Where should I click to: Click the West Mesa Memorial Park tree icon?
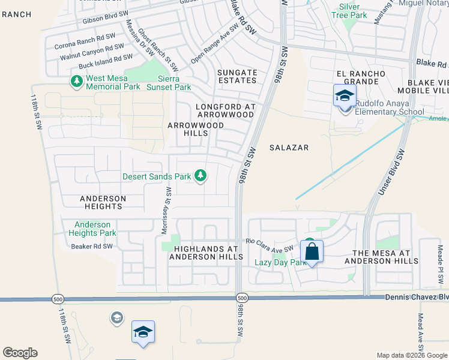pyautogui.click(x=76, y=81)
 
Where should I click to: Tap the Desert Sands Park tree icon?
pyautogui.click(x=201, y=176)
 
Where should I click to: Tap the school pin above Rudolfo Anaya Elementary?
pyautogui.click(x=345, y=95)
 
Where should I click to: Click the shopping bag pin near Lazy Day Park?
pyautogui.click(x=312, y=252)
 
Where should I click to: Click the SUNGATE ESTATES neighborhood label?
pyautogui.click(x=237, y=76)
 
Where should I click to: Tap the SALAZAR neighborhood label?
pyautogui.click(x=289, y=148)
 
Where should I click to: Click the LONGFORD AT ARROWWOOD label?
pyautogui.click(x=226, y=110)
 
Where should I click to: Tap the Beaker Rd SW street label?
pyautogui.click(x=92, y=247)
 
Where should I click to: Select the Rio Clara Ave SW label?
pyautogui.click(x=268, y=245)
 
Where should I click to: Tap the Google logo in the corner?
pyautogui.click(x=20, y=353)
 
